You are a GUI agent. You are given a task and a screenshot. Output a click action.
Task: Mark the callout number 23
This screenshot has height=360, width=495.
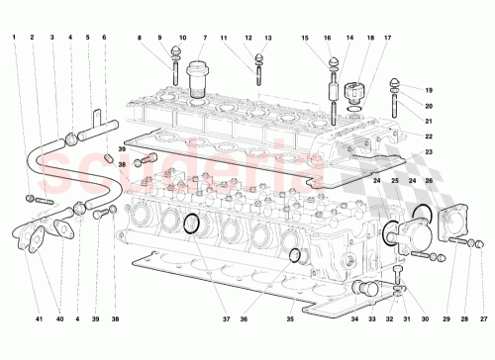[x=430, y=151]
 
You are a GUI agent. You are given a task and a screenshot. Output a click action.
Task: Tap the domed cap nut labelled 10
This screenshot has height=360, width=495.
[x=180, y=53]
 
